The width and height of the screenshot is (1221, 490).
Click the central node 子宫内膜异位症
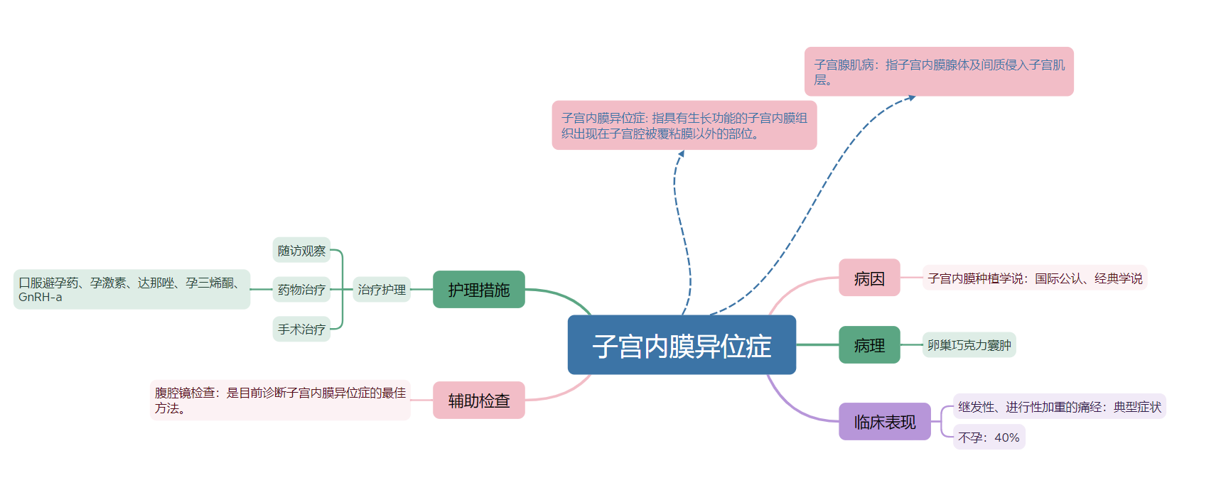tap(682, 345)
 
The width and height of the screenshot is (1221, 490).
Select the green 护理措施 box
tap(478, 290)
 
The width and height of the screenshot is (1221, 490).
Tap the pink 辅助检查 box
tap(478, 401)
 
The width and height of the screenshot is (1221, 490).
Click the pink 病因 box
tap(868, 278)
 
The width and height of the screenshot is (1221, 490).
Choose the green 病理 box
tap(868, 345)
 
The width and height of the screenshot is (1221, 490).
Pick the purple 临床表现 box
tap(884, 422)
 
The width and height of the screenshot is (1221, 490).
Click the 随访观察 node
tap(301, 251)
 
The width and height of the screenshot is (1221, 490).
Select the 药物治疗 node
tap(301, 290)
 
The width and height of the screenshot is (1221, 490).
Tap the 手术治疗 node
tap(301, 330)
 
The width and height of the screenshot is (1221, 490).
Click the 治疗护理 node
tap(382, 290)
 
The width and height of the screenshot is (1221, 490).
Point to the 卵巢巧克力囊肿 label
tap(969, 345)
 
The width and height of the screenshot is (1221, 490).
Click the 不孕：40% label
tap(989, 437)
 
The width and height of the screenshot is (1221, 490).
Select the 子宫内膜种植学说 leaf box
tap(1035, 278)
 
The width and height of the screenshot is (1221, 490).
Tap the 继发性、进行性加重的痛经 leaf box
tap(1059, 407)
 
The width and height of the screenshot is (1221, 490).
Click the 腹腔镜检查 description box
tap(280, 401)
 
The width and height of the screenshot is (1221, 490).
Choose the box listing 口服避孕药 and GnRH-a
tap(131, 290)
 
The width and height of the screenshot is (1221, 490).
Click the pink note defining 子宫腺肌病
tap(938, 72)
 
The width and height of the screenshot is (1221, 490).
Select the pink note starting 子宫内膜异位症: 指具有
tap(684, 126)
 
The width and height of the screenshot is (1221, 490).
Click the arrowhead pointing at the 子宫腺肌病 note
tap(911, 97)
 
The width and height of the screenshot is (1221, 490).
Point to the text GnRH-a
tap(41, 298)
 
